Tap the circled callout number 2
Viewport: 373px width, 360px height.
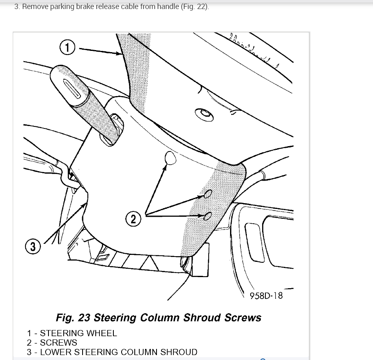coord(133,218)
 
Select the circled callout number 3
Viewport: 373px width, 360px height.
coord(33,247)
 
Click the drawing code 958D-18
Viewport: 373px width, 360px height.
coord(266,295)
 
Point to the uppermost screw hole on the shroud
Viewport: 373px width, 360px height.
coord(170,157)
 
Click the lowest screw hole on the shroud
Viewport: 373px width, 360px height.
coord(207,216)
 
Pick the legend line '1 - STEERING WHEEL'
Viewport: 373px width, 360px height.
coord(72,333)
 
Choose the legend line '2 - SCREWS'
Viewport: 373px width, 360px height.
coord(52,342)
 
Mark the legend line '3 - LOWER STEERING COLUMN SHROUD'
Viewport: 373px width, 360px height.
coord(112,352)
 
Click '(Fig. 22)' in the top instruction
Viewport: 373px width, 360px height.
coord(195,7)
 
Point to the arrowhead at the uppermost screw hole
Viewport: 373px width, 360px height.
coord(166,165)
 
